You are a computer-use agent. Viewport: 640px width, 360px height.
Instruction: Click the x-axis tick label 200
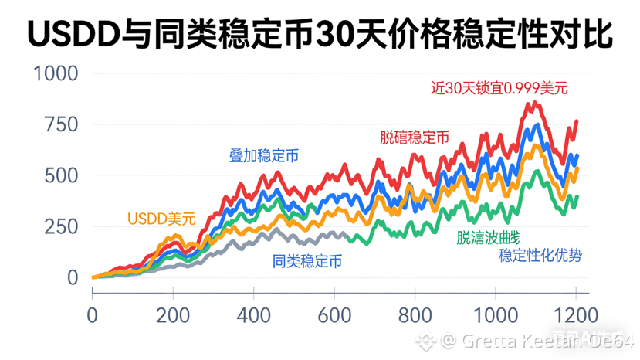174,315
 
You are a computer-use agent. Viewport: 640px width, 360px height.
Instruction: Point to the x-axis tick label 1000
496,315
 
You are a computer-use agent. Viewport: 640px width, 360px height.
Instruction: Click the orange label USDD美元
161,219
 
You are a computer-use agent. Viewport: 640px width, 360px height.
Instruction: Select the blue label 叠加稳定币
264,155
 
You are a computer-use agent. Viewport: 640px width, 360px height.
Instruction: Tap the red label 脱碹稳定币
415,138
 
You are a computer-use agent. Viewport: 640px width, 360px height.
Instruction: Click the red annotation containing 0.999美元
499,88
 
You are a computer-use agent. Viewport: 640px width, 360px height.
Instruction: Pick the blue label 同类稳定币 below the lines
307,261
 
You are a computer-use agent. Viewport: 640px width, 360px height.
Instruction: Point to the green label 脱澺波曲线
488,237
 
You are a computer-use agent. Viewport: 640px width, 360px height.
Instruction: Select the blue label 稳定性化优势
540,256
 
